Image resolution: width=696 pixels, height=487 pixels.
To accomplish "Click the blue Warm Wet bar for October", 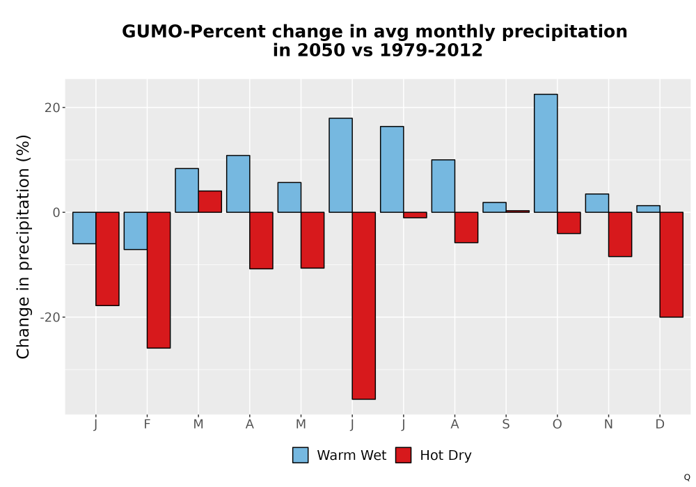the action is click(x=546, y=153).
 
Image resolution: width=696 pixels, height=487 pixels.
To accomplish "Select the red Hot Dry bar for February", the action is click(x=159, y=280).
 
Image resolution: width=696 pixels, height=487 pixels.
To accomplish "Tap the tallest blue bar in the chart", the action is click(x=546, y=153).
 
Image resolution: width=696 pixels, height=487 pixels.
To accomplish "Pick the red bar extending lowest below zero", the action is click(x=363, y=305).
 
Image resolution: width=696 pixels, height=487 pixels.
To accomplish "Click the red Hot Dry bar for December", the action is click(x=671, y=264).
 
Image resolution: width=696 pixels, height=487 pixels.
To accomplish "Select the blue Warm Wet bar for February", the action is click(x=136, y=231).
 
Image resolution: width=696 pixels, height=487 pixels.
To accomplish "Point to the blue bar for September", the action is click(x=494, y=207).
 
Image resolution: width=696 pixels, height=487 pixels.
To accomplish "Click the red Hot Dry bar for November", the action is click(x=620, y=234).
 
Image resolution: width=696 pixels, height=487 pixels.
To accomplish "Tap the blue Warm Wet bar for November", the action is click(x=597, y=203).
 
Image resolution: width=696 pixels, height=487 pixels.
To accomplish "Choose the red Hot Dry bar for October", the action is click(x=569, y=223).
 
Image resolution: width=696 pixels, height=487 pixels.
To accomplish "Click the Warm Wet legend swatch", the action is click(x=300, y=455).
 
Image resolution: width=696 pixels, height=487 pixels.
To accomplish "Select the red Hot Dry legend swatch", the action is click(x=403, y=455).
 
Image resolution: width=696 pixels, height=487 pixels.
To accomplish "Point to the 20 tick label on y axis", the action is click(x=52, y=108).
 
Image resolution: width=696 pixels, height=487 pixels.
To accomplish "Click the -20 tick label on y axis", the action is click(x=49, y=317).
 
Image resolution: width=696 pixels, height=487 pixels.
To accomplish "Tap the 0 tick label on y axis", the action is click(x=56, y=212).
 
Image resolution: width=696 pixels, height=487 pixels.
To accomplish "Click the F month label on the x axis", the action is click(x=147, y=424).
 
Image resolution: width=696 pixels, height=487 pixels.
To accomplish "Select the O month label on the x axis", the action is click(x=557, y=424).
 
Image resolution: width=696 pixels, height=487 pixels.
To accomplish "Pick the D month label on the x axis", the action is click(x=660, y=424).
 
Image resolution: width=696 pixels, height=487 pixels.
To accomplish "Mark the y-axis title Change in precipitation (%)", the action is click(x=23, y=246).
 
